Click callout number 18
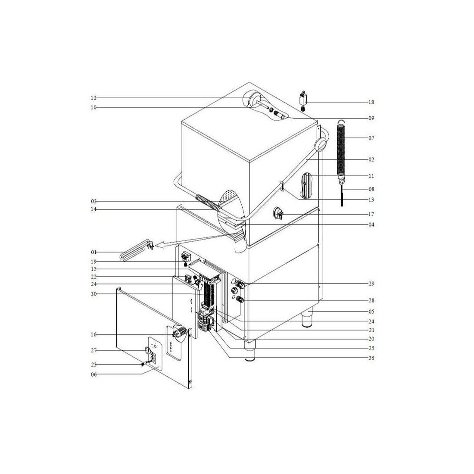pyautogui.click(x=371, y=102)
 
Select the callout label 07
pyautogui.click(x=371, y=138)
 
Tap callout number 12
pyautogui.click(x=94, y=98)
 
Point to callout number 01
pyautogui.click(x=94, y=252)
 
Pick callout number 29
pyautogui.click(x=371, y=284)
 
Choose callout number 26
pyautogui.click(x=371, y=358)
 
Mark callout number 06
pyautogui.click(x=94, y=374)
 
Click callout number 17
pyautogui.click(x=371, y=214)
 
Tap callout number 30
pyautogui.click(x=94, y=294)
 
